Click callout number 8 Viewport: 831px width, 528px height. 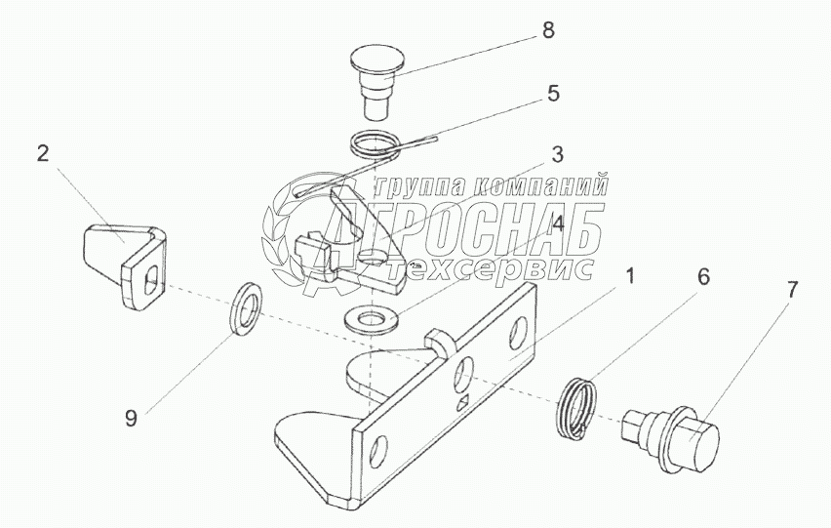tap(548, 30)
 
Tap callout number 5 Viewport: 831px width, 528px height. tap(553, 94)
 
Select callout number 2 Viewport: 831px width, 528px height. tap(43, 154)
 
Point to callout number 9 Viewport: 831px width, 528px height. tap(131, 419)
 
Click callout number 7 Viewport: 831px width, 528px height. tap(791, 290)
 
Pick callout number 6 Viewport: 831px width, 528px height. tap(703, 276)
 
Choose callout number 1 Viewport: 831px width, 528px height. tap(630, 276)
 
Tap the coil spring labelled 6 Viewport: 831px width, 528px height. tap(577, 406)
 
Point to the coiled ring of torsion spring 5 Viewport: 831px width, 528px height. tap(374, 144)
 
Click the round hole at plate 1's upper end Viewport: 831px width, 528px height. tap(518, 334)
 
